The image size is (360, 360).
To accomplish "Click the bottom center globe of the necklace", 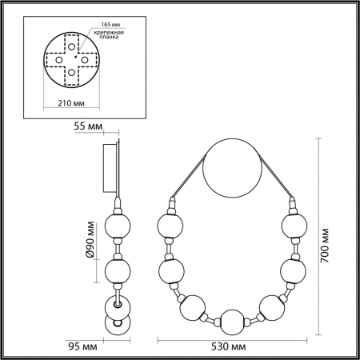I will pyautogui.click(x=231, y=322).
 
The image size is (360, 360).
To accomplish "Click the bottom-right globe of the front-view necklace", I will pyautogui.click(x=272, y=308).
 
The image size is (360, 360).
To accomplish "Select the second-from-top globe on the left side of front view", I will pyautogui.click(x=172, y=270).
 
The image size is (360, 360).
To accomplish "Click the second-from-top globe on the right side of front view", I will pyautogui.click(x=290, y=270).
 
